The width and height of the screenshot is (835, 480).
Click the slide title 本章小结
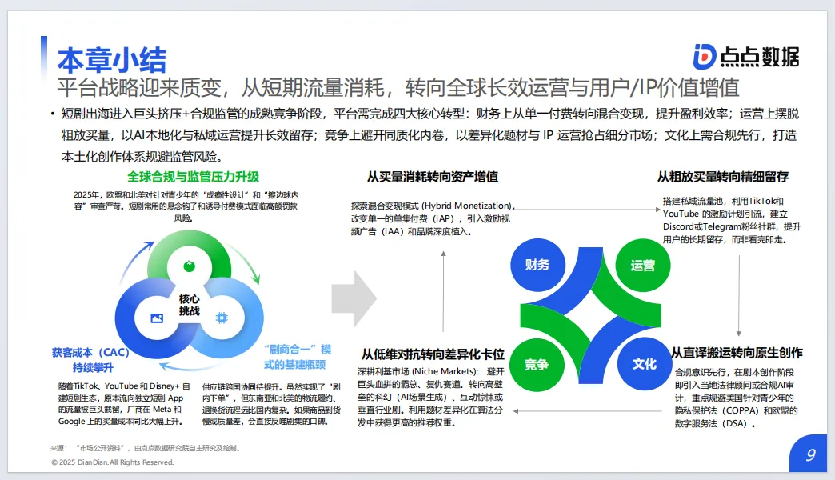[x=112, y=60]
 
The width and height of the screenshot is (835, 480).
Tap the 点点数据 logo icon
[x=705, y=56]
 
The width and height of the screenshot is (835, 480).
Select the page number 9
[x=810, y=455]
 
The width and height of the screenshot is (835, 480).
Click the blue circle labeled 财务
[x=537, y=265]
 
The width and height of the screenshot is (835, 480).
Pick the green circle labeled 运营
[x=642, y=265]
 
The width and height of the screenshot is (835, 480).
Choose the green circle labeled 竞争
[x=537, y=365]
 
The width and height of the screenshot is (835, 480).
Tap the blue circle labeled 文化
[x=644, y=364]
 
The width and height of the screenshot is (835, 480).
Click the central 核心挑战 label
[x=190, y=304]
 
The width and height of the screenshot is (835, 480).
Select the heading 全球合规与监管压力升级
[x=194, y=176]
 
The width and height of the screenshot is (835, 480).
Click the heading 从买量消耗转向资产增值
[x=432, y=177]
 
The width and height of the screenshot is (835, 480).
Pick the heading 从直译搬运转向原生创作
[x=737, y=353]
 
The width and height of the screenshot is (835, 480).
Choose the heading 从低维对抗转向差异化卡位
[x=432, y=353]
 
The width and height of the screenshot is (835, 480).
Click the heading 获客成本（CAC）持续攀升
[x=90, y=360]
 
